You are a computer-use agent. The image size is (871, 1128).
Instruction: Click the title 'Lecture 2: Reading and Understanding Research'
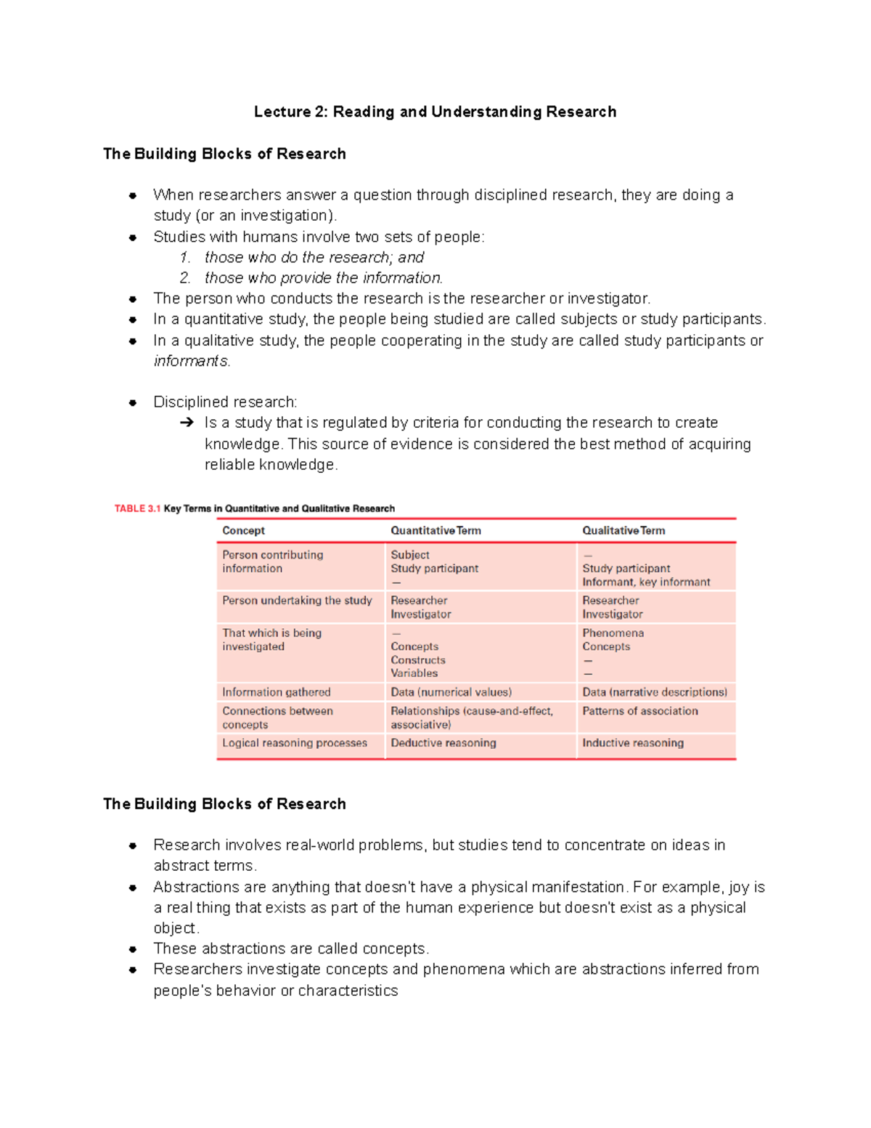pos(435,112)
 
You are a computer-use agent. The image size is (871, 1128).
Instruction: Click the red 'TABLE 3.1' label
pos(137,508)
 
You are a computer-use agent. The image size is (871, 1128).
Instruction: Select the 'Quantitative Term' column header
pos(435,531)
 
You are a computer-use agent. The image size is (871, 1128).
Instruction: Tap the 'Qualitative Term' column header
pos(623,531)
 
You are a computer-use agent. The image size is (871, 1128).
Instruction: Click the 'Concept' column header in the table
pos(243,531)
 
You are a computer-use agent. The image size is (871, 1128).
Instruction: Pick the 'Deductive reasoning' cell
pos(443,743)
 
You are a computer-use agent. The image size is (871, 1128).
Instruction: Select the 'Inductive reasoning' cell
pos(632,743)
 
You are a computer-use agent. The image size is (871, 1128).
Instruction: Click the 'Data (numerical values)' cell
pos(451,692)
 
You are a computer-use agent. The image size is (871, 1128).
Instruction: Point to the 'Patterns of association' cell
pos(639,711)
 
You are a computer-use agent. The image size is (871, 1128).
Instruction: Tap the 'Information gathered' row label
pos(276,692)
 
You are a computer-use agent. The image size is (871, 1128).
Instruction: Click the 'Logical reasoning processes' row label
pos(294,743)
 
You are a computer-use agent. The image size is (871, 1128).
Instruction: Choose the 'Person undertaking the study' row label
pos(297,601)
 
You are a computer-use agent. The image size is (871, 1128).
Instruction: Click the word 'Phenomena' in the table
pos(613,633)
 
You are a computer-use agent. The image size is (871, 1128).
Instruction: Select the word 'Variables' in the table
pos(414,673)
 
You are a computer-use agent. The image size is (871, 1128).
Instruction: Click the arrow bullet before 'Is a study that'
pos(187,423)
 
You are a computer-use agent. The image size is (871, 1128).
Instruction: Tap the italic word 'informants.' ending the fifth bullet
pos(192,361)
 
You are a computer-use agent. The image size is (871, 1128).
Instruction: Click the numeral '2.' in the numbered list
pos(185,278)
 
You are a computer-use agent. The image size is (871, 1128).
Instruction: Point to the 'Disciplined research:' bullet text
pos(225,402)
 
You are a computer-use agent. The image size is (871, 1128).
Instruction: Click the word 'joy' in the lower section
pos(738,888)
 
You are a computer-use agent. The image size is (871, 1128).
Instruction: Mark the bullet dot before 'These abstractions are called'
pos(133,949)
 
